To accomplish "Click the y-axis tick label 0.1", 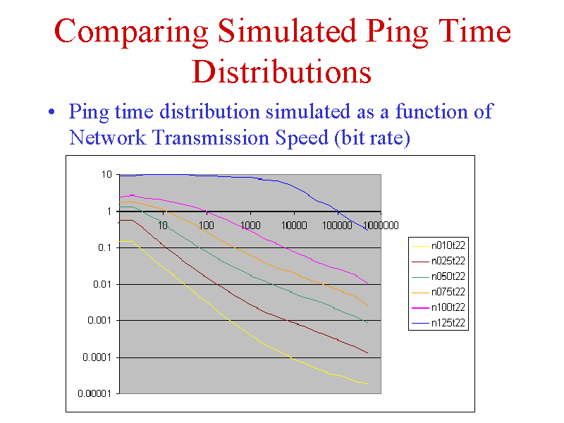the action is pos(104,247).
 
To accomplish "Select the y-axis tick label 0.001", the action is pos(99,320).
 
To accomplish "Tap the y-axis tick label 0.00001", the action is pos(94,393).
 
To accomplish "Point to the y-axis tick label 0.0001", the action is pos(97,357).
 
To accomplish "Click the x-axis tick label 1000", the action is pos(250,226).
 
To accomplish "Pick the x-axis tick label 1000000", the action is pos(381,226).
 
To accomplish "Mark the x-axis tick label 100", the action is pos(207,226).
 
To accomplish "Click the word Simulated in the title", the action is pos(287,32).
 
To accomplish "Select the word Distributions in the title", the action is pos(281,72).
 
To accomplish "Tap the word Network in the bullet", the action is pos(108,137).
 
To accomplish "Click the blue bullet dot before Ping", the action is pos(51,112).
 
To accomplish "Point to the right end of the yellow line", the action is pos(367,384).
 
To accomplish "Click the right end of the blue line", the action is pos(367,230).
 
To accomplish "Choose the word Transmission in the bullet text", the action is pos(211,137).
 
